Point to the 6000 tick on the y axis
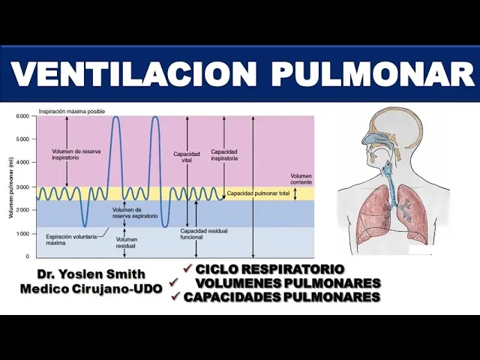pyautogui.click(x=22, y=116)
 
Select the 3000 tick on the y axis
pyautogui.click(x=22, y=186)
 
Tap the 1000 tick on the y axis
pyautogui.click(x=22, y=233)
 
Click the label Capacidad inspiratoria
pyautogui.click(x=224, y=154)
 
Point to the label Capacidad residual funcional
pyautogui.click(x=198, y=234)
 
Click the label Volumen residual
pyautogui.click(x=125, y=243)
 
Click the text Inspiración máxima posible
pyautogui.click(x=61, y=110)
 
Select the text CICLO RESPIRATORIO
pyautogui.click(x=270, y=269)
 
